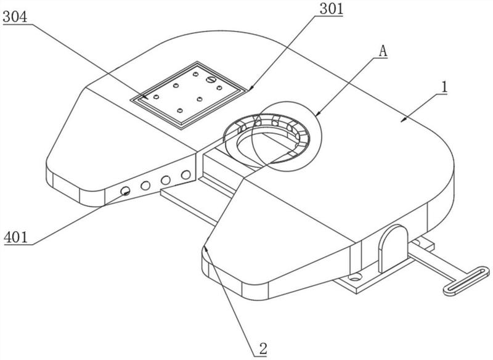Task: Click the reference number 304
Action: (x=15, y=17)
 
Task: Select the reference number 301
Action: (x=331, y=9)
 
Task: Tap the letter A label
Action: (x=383, y=51)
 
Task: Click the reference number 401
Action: (x=16, y=237)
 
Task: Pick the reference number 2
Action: (x=263, y=349)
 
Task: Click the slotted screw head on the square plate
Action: (x=210, y=80)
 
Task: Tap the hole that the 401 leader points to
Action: (x=126, y=190)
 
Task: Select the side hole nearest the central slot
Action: (x=186, y=174)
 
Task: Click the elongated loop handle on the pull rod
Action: (x=467, y=280)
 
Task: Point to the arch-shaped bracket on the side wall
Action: (x=393, y=248)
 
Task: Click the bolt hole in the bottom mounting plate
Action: (x=356, y=277)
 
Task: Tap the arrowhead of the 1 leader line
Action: (x=403, y=120)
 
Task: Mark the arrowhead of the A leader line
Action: (x=318, y=113)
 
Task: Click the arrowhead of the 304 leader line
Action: (x=145, y=97)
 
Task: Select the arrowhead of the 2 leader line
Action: (x=206, y=249)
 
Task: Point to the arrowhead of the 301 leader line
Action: (x=250, y=89)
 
